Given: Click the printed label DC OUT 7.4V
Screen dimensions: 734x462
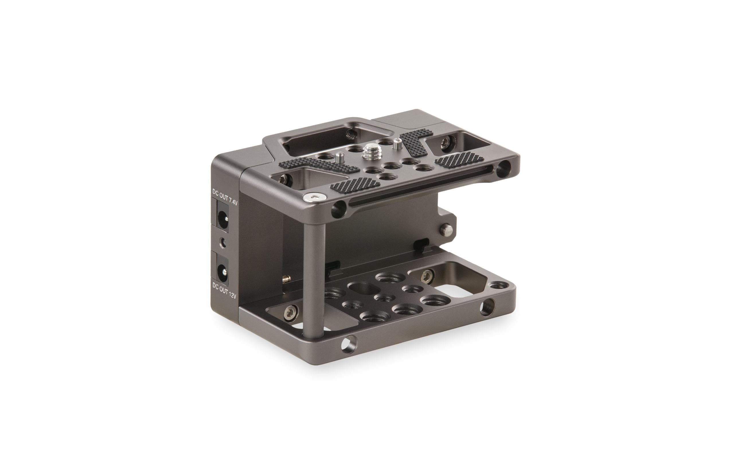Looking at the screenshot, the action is pyautogui.click(x=225, y=197).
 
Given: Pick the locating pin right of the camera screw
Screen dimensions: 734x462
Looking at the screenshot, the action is pyautogui.click(x=396, y=144).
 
